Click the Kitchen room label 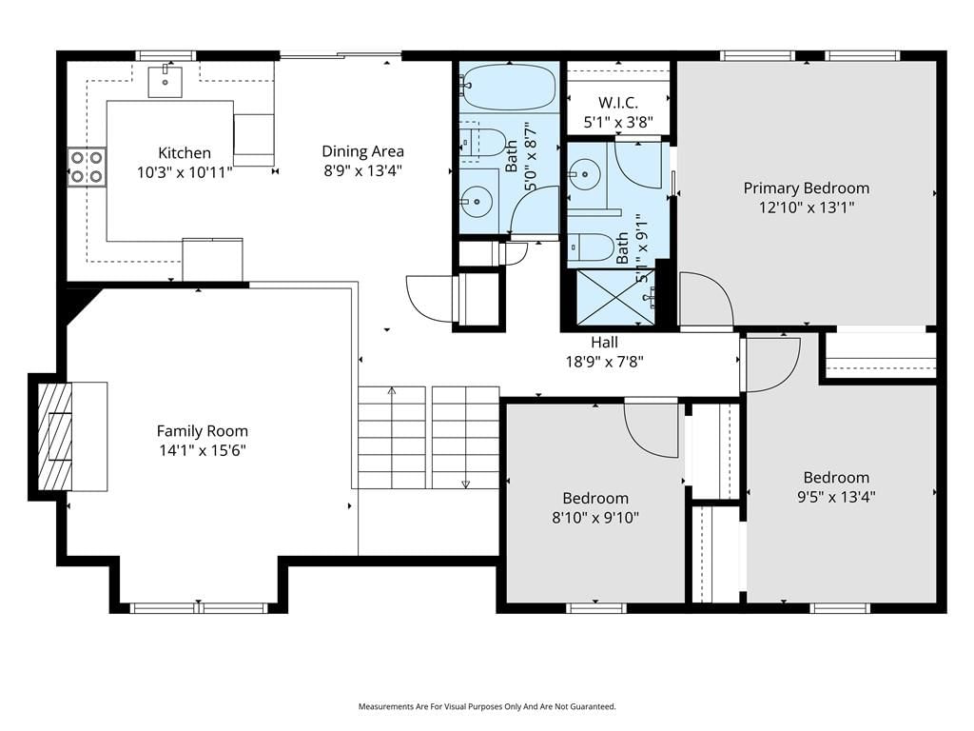point(185,153)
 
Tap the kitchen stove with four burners point(87,167)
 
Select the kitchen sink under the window point(166,82)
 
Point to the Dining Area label point(362,151)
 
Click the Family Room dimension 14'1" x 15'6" point(203,450)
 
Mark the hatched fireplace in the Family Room point(55,436)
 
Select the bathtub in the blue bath point(510,87)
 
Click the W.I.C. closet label point(618,103)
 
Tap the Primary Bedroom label point(807,188)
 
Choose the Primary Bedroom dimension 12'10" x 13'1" point(807,207)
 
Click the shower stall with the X point(615,297)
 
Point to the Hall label point(604,343)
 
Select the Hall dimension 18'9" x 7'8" point(604,361)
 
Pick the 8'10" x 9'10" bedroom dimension point(595,517)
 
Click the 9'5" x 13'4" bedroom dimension point(837,497)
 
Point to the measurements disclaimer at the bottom point(487,707)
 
